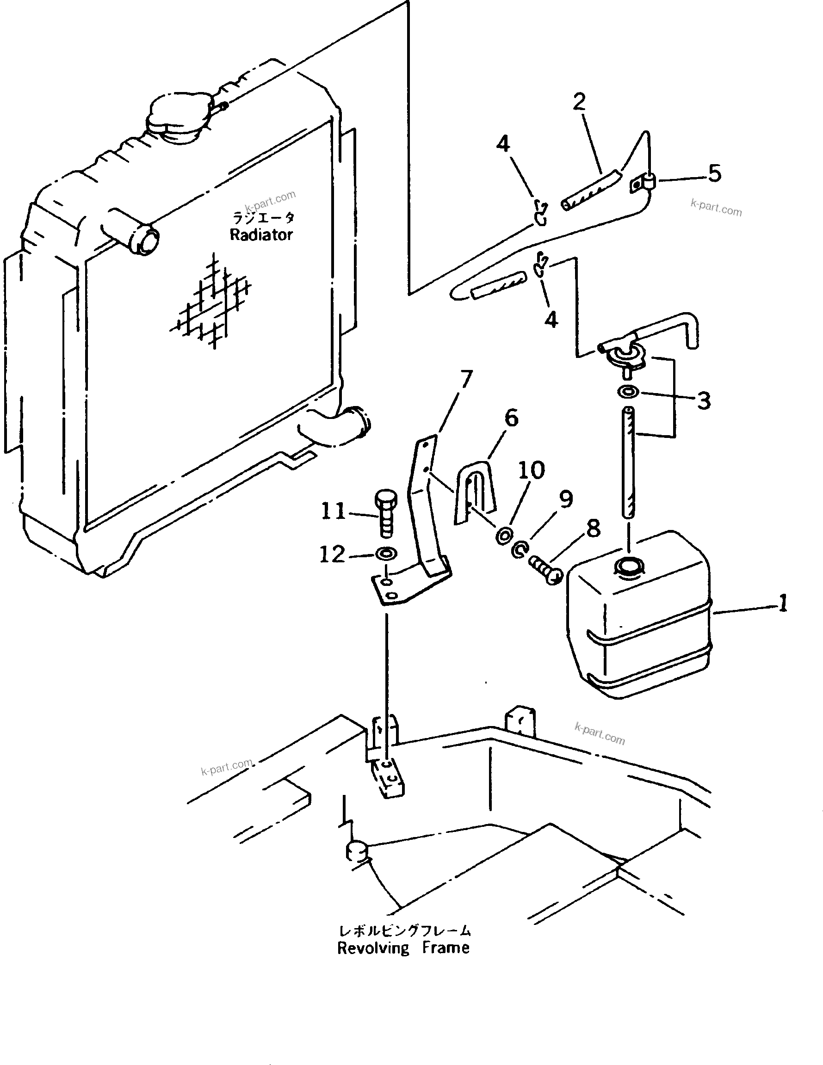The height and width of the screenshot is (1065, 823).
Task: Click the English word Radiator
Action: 261,235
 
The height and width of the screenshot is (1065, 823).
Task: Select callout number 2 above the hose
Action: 579,102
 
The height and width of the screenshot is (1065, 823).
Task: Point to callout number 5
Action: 714,173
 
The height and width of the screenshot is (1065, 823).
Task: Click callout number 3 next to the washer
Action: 704,401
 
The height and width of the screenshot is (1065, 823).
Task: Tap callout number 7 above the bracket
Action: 466,379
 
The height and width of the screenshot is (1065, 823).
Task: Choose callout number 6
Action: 511,418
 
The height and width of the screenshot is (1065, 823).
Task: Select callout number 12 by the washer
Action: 332,554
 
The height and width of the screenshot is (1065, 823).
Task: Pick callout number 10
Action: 531,470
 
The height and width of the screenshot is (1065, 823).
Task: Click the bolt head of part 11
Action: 385,500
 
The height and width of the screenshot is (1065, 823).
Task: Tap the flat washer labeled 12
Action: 386,554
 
